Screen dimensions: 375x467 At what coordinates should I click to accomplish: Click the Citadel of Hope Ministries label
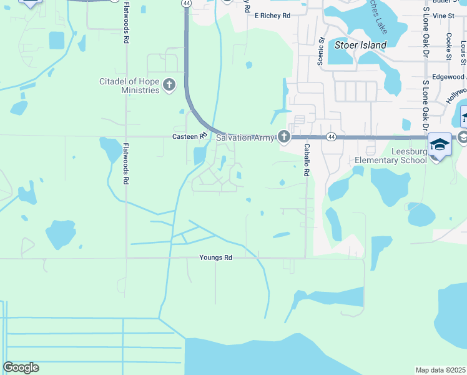tap(130, 86)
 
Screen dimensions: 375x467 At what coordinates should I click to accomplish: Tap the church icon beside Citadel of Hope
tap(169, 85)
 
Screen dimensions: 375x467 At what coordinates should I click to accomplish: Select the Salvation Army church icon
tap(284, 137)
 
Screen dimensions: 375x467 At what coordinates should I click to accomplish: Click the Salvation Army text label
tap(245, 137)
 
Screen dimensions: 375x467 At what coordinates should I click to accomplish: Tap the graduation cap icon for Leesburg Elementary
tap(440, 144)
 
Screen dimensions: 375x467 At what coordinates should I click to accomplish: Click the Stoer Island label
tap(360, 45)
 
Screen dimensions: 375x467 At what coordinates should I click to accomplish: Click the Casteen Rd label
tap(189, 136)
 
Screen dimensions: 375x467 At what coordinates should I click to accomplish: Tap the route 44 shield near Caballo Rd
tap(331, 136)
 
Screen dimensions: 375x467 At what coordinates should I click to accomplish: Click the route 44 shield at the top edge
tap(186, 3)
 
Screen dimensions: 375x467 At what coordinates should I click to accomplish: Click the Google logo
tap(21, 367)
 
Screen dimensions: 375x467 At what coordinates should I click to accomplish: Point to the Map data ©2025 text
tap(440, 370)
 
